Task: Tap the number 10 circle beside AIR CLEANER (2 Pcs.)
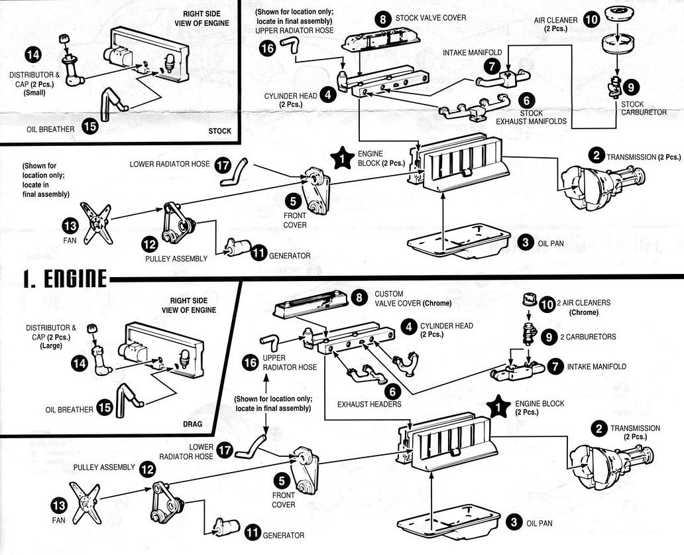(592, 19)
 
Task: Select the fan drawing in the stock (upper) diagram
(95, 222)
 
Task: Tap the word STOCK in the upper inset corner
(219, 131)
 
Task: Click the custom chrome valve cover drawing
(311, 308)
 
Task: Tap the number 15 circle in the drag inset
(105, 409)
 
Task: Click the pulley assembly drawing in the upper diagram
(177, 221)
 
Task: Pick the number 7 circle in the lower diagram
(556, 366)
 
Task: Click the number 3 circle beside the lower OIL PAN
(514, 522)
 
